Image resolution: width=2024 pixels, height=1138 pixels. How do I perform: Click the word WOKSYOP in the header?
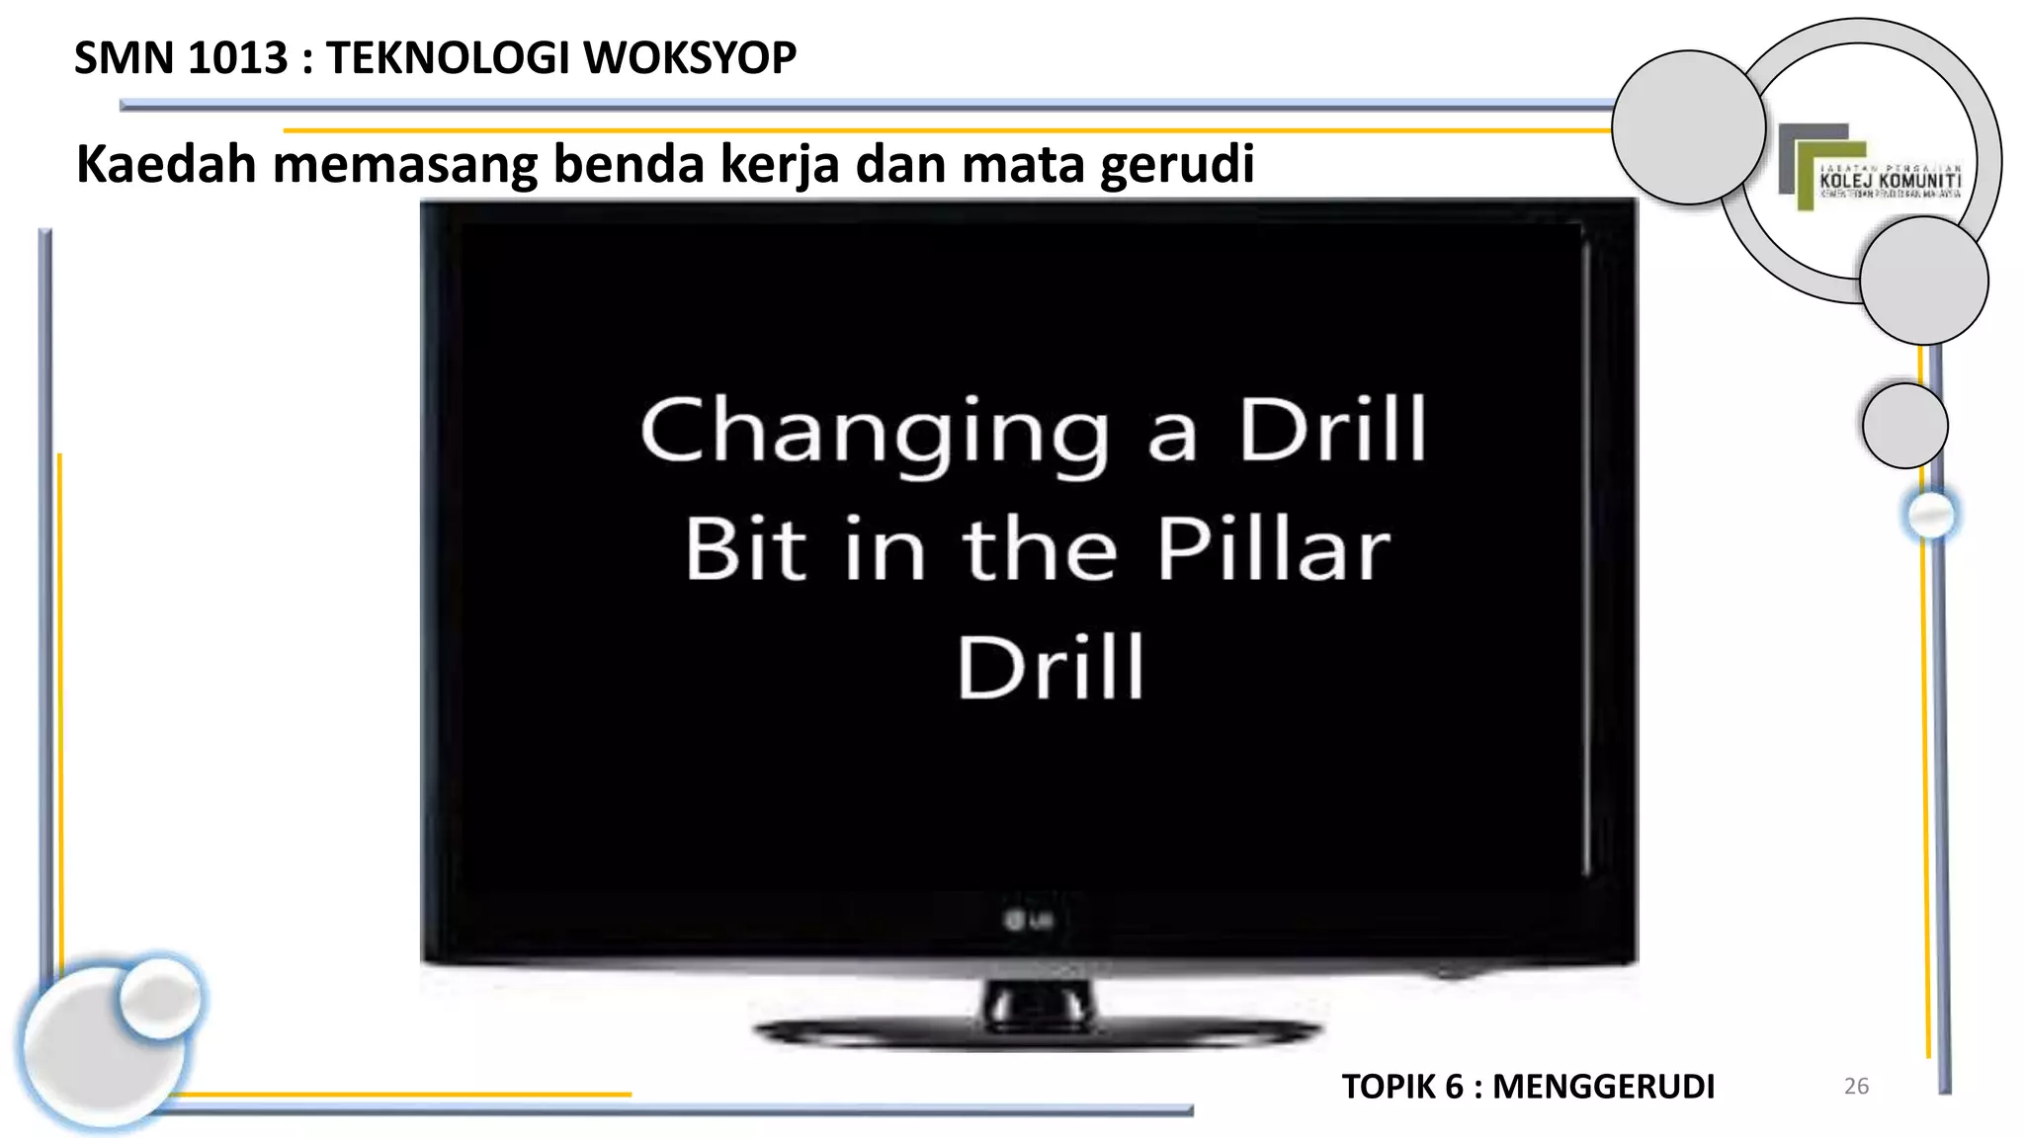click(x=690, y=57)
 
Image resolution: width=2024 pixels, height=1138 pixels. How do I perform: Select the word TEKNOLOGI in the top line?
click(x=449, y=57)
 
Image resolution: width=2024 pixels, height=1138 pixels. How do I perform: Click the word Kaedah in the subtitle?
click(x=167, y=163)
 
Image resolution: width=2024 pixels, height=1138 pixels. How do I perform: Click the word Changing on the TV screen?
click(x=876, y=432)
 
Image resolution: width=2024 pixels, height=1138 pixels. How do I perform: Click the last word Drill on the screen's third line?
click(x=1051, y=668)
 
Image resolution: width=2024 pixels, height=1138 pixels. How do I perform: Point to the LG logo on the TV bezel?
click(x=1028, y=921)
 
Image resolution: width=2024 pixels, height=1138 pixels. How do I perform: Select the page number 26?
click(x=1856, y=1086)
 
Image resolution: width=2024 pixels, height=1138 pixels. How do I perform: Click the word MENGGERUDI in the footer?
click(x=1603, y=1087)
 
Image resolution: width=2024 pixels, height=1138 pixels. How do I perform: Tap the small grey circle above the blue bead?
click(x=1904, y=426)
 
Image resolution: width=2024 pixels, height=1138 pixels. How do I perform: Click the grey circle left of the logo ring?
click(x=1688, y=127)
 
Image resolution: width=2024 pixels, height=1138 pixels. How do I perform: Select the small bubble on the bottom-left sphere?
click(x=160, y=998)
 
